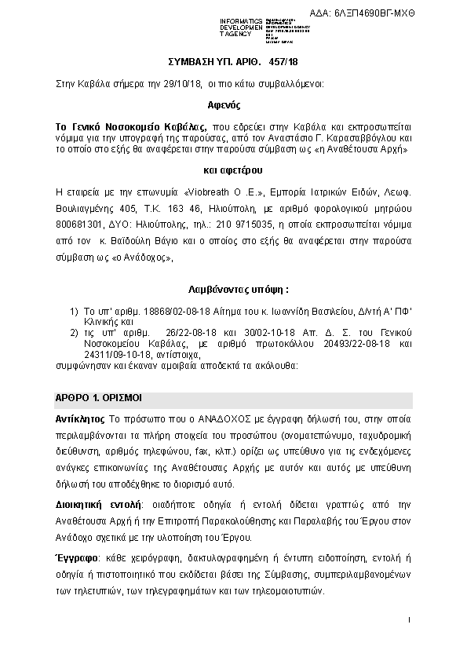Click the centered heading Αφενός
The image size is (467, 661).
[233, 104]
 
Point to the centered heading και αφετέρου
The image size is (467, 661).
[233, 170]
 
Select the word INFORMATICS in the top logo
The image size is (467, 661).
[241, 19]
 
